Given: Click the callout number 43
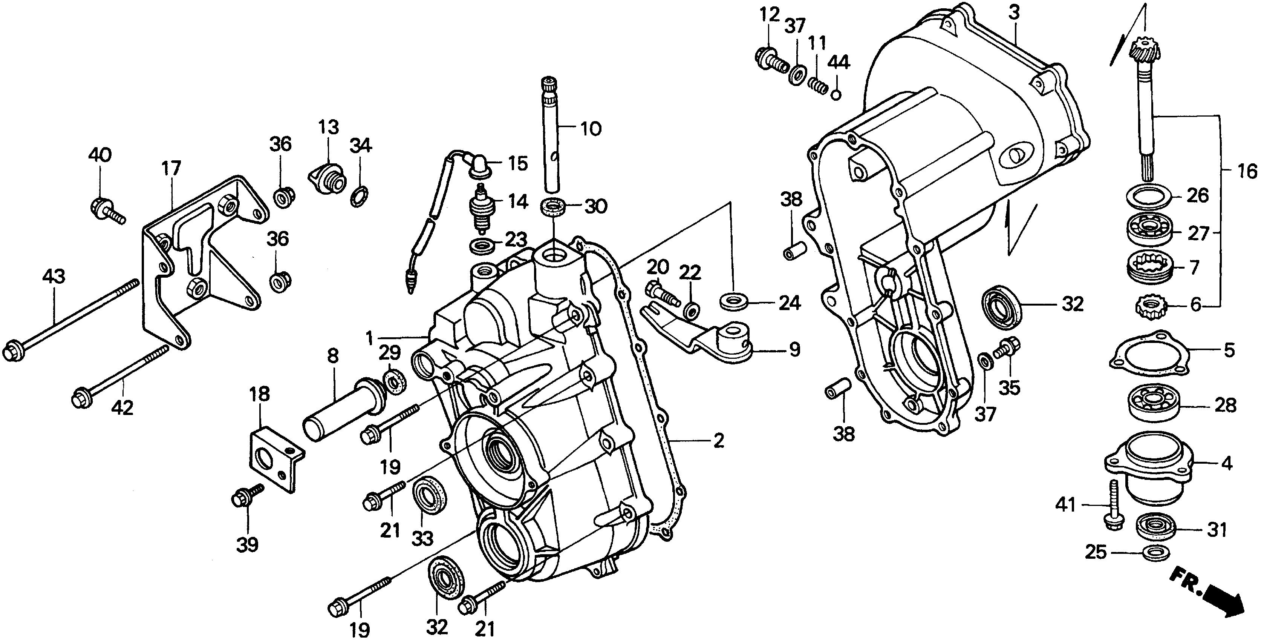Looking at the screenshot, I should coord(54,277).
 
